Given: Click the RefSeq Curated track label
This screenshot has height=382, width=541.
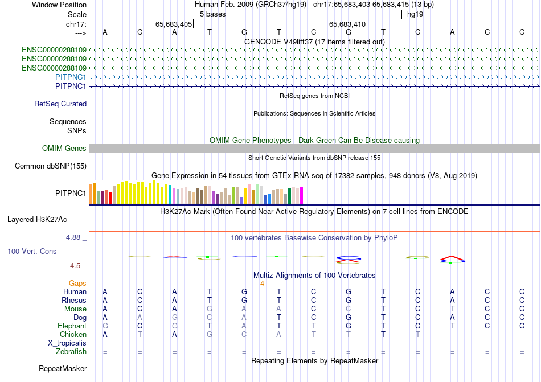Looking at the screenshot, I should coord(60,104).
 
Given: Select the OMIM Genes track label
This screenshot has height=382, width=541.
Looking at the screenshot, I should coord(64,149).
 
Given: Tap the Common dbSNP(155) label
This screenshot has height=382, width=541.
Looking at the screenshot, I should coord(51,166).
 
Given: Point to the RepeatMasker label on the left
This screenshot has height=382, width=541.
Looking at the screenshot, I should coord(63,369).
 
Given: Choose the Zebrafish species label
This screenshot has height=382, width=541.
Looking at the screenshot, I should coord(71,352).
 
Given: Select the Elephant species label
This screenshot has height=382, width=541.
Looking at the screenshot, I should coord(72,326).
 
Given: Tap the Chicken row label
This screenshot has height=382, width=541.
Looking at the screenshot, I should coord(73,335).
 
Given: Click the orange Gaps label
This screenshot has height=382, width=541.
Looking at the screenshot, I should coord(77,283).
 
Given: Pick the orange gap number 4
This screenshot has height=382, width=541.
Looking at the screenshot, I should coord(262,283).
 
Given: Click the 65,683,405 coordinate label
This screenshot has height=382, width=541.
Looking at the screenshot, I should coord(174,24).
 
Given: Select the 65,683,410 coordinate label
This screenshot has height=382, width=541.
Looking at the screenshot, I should coord(347,24).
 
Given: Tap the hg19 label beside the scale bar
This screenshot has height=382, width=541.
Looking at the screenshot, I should coord(415,14).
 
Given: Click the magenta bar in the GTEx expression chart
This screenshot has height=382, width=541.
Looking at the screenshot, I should coord(301,195).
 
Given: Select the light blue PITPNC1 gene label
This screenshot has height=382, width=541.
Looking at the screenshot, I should coord(71,77).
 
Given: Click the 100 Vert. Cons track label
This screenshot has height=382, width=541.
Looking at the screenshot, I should coord(32,251).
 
